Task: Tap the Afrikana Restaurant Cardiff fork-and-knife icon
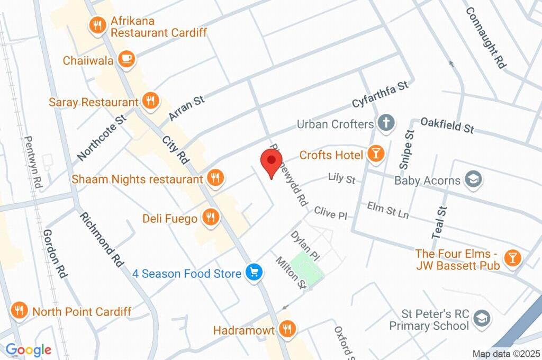click(x=97, y=25)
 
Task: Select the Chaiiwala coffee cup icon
click(x=126, y=59)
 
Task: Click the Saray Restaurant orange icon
click(x=151, y=101)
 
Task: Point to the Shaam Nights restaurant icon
click(x=214, y=178)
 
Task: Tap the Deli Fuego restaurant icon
click(x=210, y=218)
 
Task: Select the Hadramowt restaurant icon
click(x=287, y=329)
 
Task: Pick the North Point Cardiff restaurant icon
click(x=20, y=311)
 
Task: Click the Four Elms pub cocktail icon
click(x=512, y=258)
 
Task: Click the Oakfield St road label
click(x=447, y=125)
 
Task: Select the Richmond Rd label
click(x=100, y=238)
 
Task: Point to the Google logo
click(x=28, y=349)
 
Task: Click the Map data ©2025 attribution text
click(x=505, y=354)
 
